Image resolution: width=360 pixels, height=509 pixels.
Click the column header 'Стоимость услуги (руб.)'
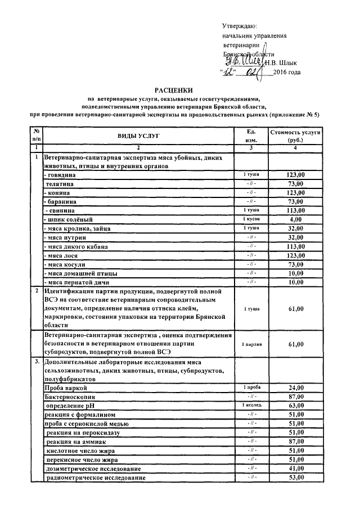pos(295,136)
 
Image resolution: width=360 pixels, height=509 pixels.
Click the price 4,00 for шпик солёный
pos(295,219)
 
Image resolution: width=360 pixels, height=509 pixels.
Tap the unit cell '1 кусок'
pos(251,219)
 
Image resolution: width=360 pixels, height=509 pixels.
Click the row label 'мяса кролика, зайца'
pos(79,228)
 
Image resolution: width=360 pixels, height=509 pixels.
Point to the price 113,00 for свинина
pos(295,210)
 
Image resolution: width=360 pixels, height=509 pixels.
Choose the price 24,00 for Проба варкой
pos(295,388)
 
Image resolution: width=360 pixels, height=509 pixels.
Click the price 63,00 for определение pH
pos(295,406)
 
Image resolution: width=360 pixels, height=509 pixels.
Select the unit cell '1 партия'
pos(251,344)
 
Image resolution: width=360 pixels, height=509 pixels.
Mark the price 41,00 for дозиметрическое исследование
pos(295,469)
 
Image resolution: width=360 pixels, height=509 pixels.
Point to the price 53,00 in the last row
pos(295,478)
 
